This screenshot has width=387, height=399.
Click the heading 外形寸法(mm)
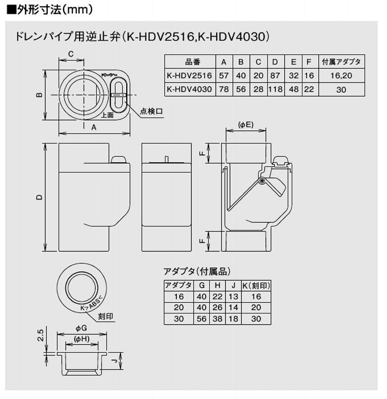(51, 9)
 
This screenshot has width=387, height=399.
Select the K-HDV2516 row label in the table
(189, 75)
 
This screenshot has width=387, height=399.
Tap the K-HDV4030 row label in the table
(189, 89)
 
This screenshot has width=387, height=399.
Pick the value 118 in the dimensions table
(275, 89)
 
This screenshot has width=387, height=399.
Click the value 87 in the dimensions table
(275, 75)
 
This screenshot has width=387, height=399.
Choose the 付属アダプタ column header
(342, 62)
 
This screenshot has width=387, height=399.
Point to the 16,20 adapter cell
(342, 75)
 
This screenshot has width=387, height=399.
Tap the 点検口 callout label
(151, 111)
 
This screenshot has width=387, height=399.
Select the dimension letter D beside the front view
(39, 197)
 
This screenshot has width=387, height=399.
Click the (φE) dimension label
(245, 125)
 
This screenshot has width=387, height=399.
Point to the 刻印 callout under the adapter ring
(106, 317)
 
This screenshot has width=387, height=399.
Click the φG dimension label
(81, 329)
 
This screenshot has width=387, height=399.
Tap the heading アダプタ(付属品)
(193, 272)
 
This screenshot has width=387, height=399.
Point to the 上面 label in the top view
(106, 115)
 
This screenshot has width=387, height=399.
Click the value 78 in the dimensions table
(224, 89)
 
